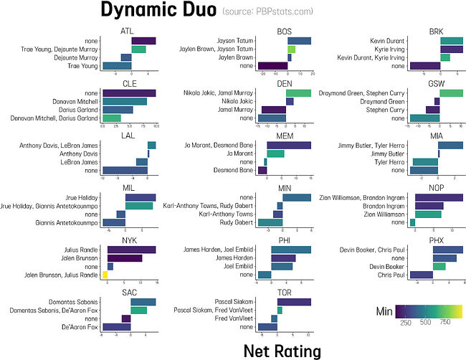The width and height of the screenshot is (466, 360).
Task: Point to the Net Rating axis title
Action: [x=282, y=349]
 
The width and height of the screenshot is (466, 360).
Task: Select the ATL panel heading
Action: [x=128, y=31]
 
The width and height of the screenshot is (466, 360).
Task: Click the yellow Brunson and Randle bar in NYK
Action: [x=105, y=275]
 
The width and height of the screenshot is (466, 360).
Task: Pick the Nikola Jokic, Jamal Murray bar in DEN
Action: [x=298, y=93]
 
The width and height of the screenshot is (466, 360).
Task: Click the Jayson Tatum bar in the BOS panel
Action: [x=299, y=41]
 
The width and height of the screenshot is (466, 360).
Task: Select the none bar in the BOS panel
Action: [x=272, y=66]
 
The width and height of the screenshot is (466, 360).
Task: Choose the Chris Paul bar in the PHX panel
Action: [x=421, y=275]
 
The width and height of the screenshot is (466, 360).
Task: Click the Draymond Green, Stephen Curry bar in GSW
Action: [x=451, y=93]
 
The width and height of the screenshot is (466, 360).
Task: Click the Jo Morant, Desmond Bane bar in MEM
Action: [x=289, y=145]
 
